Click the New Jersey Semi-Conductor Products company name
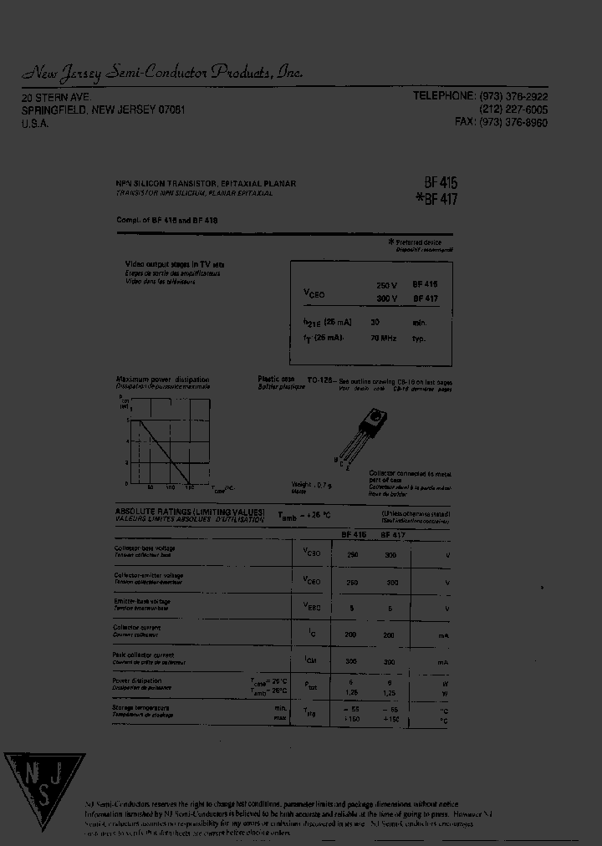[162, 73]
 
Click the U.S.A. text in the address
[35, 123]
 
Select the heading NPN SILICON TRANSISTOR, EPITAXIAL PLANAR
[205, 183]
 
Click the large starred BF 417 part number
[436, 199]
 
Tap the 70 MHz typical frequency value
[383, 339]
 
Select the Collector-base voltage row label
[145, 548]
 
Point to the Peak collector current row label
[144, 655]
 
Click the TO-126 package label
[320, 380]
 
